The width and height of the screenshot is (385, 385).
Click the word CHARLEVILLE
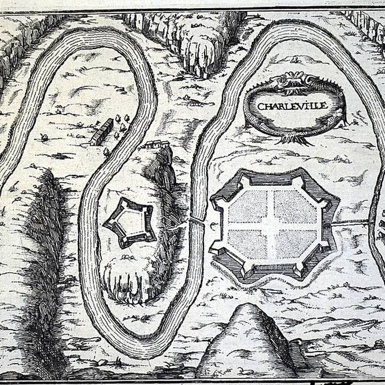point(293,106)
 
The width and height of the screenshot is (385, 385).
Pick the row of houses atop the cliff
point(157,145)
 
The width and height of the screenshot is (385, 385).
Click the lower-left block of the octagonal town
point(247,244)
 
